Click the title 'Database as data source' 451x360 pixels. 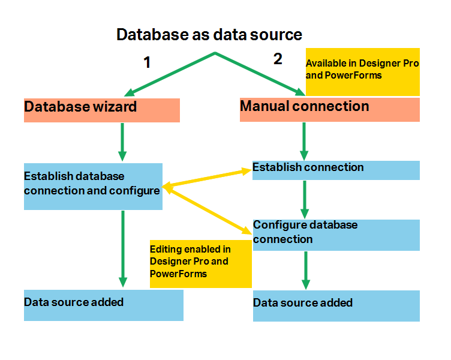tap(209, 35)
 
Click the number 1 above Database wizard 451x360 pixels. tap(146, 62)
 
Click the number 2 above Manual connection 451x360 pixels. tap(277, 59)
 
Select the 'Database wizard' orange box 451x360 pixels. tap(101, 110)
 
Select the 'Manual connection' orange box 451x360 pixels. tap(329, 110)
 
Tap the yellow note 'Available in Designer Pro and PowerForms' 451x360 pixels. tap(362, 71)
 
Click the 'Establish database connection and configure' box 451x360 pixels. tap(93, 186)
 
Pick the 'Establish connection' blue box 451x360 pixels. tap(335, 170)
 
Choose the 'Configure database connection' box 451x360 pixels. tap(335, 235)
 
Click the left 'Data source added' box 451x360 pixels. tap(103, 305)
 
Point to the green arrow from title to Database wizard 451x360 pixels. tap(171, 74)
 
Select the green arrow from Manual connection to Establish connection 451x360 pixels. tap(304, 140)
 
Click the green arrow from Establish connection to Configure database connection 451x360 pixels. tap(304, 199)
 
